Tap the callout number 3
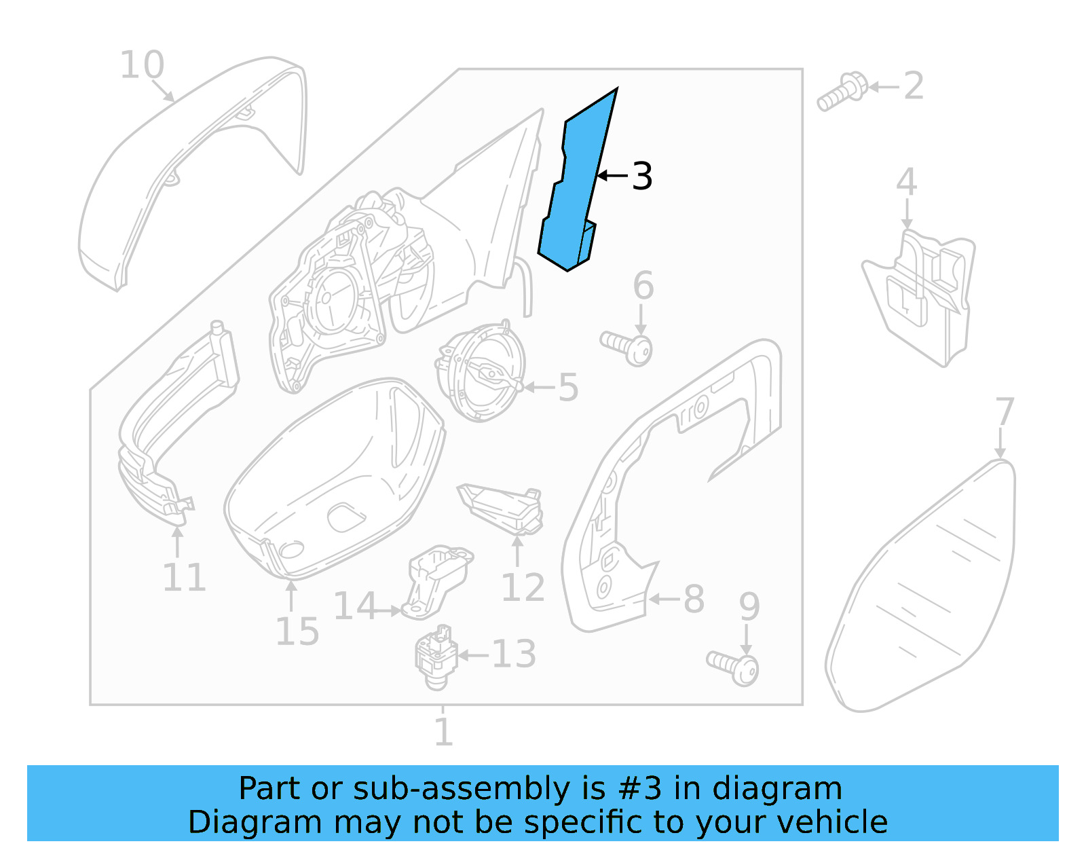coord(641,177)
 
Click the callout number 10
coord(142,66)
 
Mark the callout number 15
coord(297,632)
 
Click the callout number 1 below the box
coord(443,732)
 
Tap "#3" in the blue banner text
coord(640,789)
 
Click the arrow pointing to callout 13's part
coord(473,655)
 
